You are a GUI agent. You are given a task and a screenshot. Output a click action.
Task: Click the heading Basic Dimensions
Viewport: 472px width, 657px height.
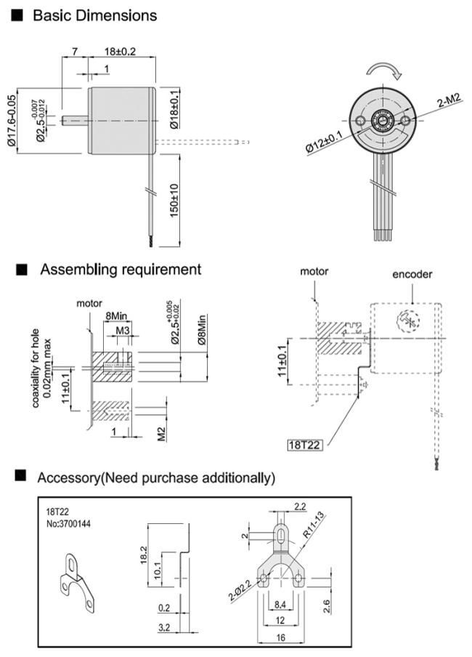(94, 15)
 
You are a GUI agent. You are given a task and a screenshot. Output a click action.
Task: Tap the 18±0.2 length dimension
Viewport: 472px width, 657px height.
(121, 52)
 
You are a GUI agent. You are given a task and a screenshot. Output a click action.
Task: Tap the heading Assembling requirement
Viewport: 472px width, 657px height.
(121, 270)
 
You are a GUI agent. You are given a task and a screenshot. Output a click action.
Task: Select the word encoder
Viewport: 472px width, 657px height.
(412, 274)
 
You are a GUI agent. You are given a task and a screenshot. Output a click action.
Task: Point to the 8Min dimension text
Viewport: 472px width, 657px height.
(116, 316)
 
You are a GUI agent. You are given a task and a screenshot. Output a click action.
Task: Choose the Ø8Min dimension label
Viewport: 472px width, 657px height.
(201, 328)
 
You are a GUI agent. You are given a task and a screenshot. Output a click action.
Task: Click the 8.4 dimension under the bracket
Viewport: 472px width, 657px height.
(280, 603)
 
